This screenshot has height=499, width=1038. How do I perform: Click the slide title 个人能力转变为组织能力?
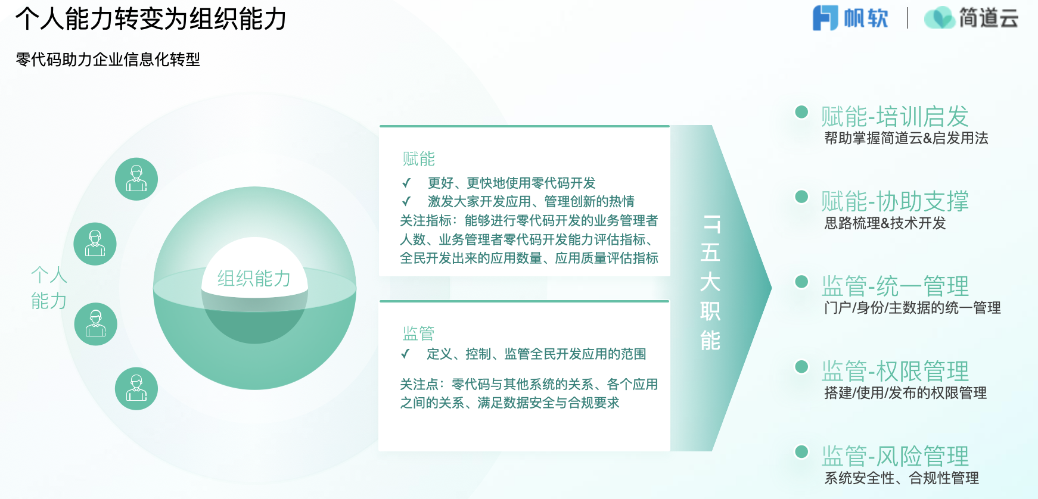point(151,19)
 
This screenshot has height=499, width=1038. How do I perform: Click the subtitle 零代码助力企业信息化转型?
point(108,60)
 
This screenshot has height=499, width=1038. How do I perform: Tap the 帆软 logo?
point(850,18)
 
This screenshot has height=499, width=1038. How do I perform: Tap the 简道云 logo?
point(971,18)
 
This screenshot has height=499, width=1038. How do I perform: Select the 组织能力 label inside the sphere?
point(254,278)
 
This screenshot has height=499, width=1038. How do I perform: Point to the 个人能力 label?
point(49,288)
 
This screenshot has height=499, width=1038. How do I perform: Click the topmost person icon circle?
point(136,179)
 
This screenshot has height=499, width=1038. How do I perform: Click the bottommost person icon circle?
point(136,389)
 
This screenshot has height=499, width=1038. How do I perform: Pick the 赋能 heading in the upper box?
point(419,159)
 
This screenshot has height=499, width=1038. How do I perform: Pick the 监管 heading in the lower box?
point(419,333)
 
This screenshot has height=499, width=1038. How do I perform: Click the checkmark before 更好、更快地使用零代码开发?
point(406,183)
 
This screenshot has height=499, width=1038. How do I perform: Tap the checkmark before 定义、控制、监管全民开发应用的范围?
point(405,354)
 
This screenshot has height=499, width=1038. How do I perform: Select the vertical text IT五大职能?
point(710,282)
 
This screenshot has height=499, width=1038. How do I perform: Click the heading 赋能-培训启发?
point(895,116)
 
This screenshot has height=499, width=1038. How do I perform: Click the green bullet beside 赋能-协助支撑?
point(801,197)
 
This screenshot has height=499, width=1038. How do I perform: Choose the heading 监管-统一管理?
point(895,286)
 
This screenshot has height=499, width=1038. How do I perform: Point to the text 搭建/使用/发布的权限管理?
point(906,393)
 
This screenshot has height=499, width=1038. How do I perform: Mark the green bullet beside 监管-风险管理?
point(801,451)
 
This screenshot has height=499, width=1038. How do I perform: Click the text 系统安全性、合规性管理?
point(902,478)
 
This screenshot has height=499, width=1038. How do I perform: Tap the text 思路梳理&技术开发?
point(885,223)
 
